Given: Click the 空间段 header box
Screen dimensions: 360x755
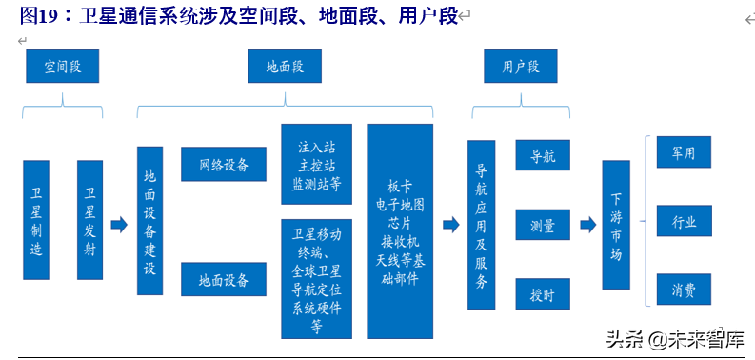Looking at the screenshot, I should (x=63, y=66).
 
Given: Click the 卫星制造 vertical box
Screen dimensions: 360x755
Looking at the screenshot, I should (x=36, y=219).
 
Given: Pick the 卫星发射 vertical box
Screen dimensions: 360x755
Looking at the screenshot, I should (x=89, y=219).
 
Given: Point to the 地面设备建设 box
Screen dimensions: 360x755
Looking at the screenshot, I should (x=149, y=221).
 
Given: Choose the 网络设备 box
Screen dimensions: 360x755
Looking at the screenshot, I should (x=225, y=164).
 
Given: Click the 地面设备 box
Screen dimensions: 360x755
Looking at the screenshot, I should (x=225, y=279).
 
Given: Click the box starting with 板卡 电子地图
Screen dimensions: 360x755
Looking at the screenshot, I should (x=399, y=230).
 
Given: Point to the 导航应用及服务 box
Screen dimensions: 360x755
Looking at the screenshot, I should (x=481, y=225).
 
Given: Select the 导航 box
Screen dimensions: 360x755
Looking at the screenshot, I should (x=542, y=155).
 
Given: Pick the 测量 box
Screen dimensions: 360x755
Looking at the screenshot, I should (x=542, y=226).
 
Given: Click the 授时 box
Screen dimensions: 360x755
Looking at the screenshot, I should (x=542, y=294).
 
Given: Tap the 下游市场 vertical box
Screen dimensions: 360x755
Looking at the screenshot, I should (x=616, y=225).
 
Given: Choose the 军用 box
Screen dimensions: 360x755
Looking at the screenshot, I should (x=684, y=152).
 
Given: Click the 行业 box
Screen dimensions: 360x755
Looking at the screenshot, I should (x=684, y=221).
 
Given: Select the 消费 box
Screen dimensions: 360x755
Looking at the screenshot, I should (x=684, y=290).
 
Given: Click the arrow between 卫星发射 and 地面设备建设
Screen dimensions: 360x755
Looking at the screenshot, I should (x=119, y=225).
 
